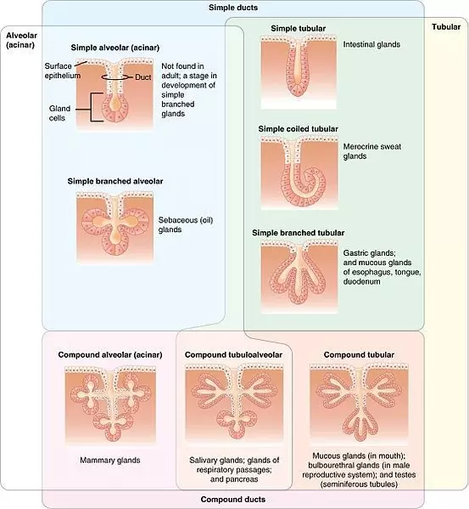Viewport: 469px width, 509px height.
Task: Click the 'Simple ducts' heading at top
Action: (x=233, y=8)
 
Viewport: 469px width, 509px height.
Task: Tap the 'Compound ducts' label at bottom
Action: (x=233, y=500)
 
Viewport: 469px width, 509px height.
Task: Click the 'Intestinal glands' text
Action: (x=371, y=44)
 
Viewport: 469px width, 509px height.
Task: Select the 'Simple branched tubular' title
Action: (x=296, y=231)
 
